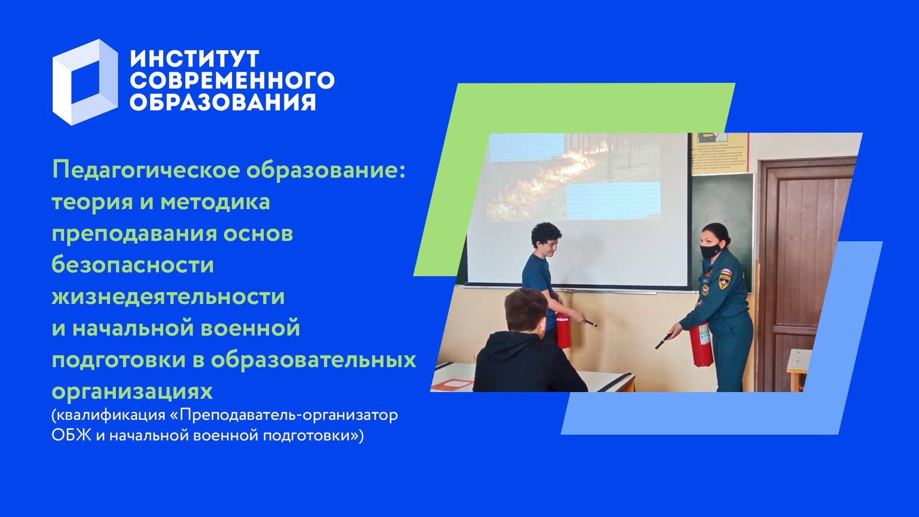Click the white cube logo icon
coord(85,82)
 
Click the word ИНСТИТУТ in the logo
coord(194,59)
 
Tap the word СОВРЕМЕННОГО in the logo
coord(232,80)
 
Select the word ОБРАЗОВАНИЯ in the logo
coord(223,102)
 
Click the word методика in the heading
coord(215,202)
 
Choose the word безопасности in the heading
coord(133,265)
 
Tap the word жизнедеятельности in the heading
coord(168,296)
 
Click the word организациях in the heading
coord(132,391)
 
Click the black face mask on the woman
coord(710,251)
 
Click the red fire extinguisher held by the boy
coord(563,330)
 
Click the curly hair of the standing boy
coord(546,232)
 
